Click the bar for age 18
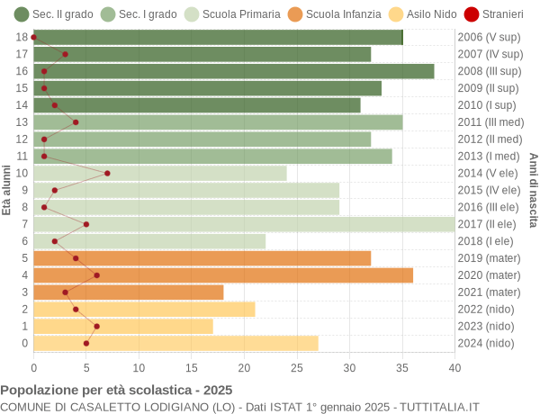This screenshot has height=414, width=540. click(x=218, y=37)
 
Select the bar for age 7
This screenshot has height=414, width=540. click(x=244, y=224)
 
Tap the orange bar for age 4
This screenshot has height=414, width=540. click(x=223, y=275)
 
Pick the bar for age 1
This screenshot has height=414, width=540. click(x=123, y=326)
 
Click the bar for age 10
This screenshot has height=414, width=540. click(x=160, y=173)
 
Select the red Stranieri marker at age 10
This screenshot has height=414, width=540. click(x=107, y=173)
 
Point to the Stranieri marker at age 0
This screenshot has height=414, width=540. click(x=86, y=343)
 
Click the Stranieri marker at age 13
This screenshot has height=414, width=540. click(x=76, y=122)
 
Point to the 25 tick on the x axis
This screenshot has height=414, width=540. click(x=297, y=367)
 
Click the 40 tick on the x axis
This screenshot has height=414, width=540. click(x=454, y=367)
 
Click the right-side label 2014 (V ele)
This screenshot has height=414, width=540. click(x=489, y=173)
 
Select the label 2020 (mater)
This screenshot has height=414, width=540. click(x=489, y=275)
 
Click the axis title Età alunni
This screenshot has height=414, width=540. click(x=7, y=190)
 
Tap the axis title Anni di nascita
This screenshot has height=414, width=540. click(x=533, y=190)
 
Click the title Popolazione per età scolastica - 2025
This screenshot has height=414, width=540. click(x=116, y=391)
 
